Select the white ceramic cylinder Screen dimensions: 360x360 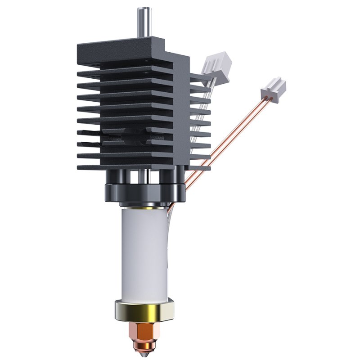tap(143, 256)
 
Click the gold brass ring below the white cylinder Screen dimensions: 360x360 tap(144, 310)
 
